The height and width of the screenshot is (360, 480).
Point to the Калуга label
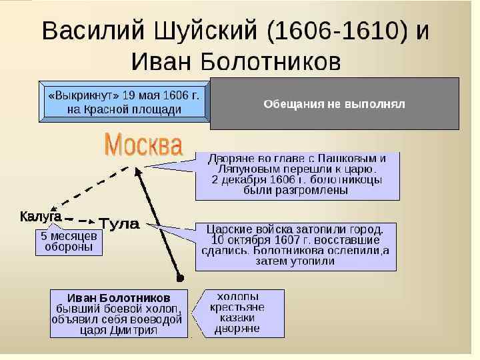pos(41,217)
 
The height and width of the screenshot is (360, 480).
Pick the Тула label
pos(119,224)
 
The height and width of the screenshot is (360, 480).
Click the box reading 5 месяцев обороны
pos(69,242)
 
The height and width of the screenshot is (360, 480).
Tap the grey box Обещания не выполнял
pos(334,104)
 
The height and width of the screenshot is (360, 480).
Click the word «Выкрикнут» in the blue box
pos(78,95)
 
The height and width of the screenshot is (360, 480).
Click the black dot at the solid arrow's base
pos(180,277)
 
